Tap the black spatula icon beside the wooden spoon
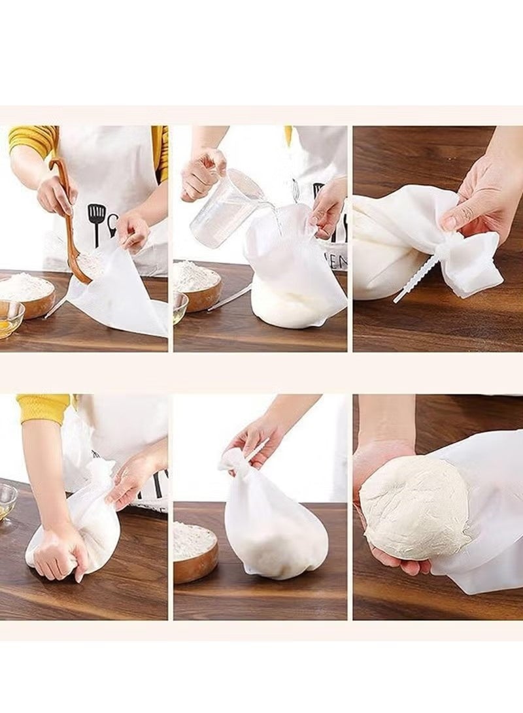(x=97, y=220)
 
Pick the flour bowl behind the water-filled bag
(x=195, y=284)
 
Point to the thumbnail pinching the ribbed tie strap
(x=450, y=222)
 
